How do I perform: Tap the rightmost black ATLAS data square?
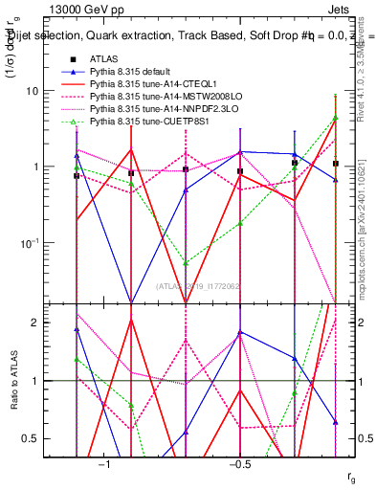coord(335,164)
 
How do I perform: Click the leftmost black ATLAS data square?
coord(77,176)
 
